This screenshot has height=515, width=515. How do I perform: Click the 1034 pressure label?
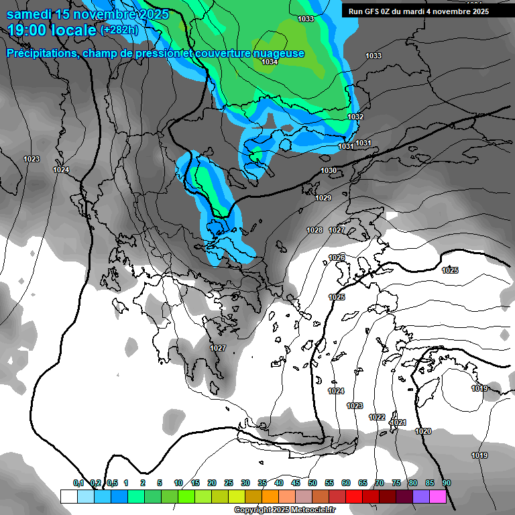click(x=270, y=62)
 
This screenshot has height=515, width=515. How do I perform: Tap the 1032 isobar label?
click(x=355, y=117)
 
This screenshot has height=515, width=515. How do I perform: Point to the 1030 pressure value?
click(x=329, y=171)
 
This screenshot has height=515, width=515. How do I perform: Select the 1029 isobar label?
click(x=323, y=198)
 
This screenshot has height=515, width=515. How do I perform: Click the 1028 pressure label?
click(x=314, y=230)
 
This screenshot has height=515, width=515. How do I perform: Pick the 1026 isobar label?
click(x=337, y=258)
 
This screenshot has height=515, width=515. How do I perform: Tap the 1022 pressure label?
click(x=377, y=417)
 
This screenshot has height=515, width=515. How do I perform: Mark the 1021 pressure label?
click(x=399, y=422)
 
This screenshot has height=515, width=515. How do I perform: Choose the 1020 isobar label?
click(x=423, y=431)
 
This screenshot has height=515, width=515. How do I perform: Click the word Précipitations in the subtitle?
click(x=40, y=53)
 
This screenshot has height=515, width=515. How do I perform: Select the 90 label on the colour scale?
click(x=447, y=483)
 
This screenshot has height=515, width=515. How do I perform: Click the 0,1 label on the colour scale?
click(x=78, y=483)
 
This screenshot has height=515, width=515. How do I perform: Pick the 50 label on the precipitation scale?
click(x=312, y=483)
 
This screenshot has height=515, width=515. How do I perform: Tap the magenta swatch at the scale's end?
click(x=438, y=496)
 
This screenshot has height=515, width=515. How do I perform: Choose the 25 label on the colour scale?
click(x=229, y=483)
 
